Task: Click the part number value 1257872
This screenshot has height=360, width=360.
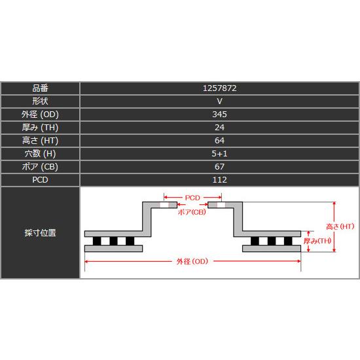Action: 219,88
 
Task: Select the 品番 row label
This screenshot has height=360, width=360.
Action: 40,88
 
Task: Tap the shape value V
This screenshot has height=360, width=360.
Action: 219,101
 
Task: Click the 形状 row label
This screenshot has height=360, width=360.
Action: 40,101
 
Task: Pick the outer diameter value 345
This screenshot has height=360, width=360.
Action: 219,114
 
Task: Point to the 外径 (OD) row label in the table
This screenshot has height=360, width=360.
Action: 40,114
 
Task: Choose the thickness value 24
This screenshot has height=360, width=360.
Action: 219,127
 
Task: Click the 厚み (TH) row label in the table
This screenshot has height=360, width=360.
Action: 40,127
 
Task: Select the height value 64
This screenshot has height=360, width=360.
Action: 219,140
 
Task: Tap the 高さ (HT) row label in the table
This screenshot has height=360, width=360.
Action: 40,140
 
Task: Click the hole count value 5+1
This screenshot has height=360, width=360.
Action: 219,153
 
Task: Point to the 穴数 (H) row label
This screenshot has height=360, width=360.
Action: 40,153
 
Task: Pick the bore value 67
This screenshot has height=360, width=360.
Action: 219,166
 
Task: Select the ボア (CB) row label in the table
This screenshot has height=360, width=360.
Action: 40,166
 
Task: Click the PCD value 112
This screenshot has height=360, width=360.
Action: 219,179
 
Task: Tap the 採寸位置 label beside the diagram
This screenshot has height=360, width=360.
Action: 40,232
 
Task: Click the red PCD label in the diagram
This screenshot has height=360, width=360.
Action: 192,197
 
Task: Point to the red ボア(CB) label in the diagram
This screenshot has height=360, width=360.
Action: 192,213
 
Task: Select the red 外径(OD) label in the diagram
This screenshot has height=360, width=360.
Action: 192,262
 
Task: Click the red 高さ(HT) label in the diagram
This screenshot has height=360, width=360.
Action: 340,226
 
